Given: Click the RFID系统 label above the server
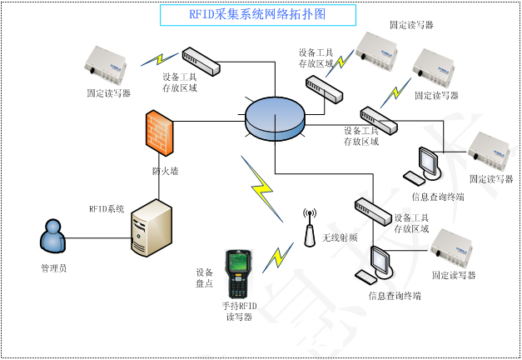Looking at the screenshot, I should (x=107, y=209).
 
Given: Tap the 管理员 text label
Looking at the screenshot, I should (x=54, y=268).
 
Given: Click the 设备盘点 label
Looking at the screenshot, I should (x=205, y=277).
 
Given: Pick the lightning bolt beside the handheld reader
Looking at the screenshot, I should (x=278, y=257).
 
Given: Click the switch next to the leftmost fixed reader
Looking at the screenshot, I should (x=201, y=59).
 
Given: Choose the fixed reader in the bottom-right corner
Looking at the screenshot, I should (x=457, y=248).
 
